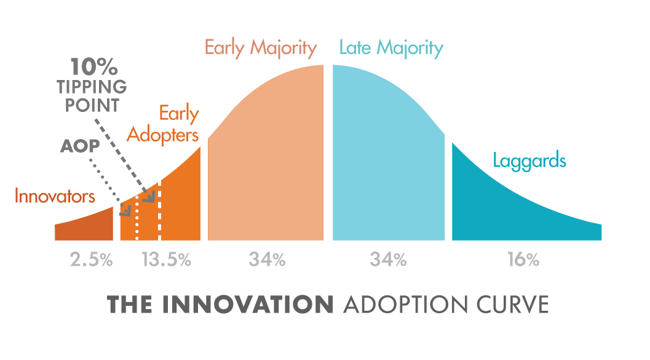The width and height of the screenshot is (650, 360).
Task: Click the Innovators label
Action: [55, 196]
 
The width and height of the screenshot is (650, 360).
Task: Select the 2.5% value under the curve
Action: [91, 260]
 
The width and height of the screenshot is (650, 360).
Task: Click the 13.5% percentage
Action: [166, 260]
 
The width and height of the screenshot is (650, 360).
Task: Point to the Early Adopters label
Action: [163, 124]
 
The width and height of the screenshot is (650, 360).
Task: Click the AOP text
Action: [80, 146]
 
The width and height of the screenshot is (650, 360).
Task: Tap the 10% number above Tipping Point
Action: [93, 66]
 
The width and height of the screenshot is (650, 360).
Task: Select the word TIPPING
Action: [92, 87]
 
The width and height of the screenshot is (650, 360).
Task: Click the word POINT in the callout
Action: [92, 105]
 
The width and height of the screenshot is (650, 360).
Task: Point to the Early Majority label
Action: [261, 48]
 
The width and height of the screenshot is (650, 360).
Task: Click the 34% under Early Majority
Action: [267, 260]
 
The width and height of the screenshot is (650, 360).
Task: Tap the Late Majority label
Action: [391, 48]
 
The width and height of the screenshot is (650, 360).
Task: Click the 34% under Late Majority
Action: [388, 260]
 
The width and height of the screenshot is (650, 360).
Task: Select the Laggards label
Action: [529, 161]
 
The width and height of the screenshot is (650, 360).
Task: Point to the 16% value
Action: [523, 260]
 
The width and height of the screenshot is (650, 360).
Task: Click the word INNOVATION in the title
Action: [247, 305]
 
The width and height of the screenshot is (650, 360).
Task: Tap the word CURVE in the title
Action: [512, 305]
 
